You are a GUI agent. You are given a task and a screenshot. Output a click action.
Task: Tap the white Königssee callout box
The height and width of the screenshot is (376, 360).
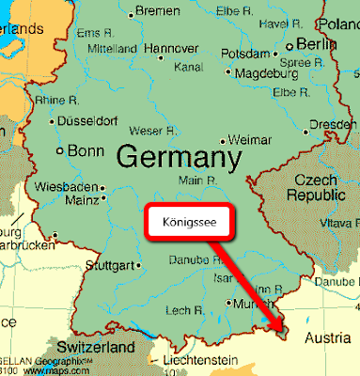(189, 227)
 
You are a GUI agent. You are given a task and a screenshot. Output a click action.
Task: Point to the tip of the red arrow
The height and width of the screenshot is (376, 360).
(281, 332)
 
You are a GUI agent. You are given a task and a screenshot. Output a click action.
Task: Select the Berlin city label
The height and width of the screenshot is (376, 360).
(316, 43)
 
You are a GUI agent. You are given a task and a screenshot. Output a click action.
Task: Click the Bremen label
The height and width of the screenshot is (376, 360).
(157, 10)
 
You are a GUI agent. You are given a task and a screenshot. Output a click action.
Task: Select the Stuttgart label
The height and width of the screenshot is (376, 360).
(111, 265)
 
